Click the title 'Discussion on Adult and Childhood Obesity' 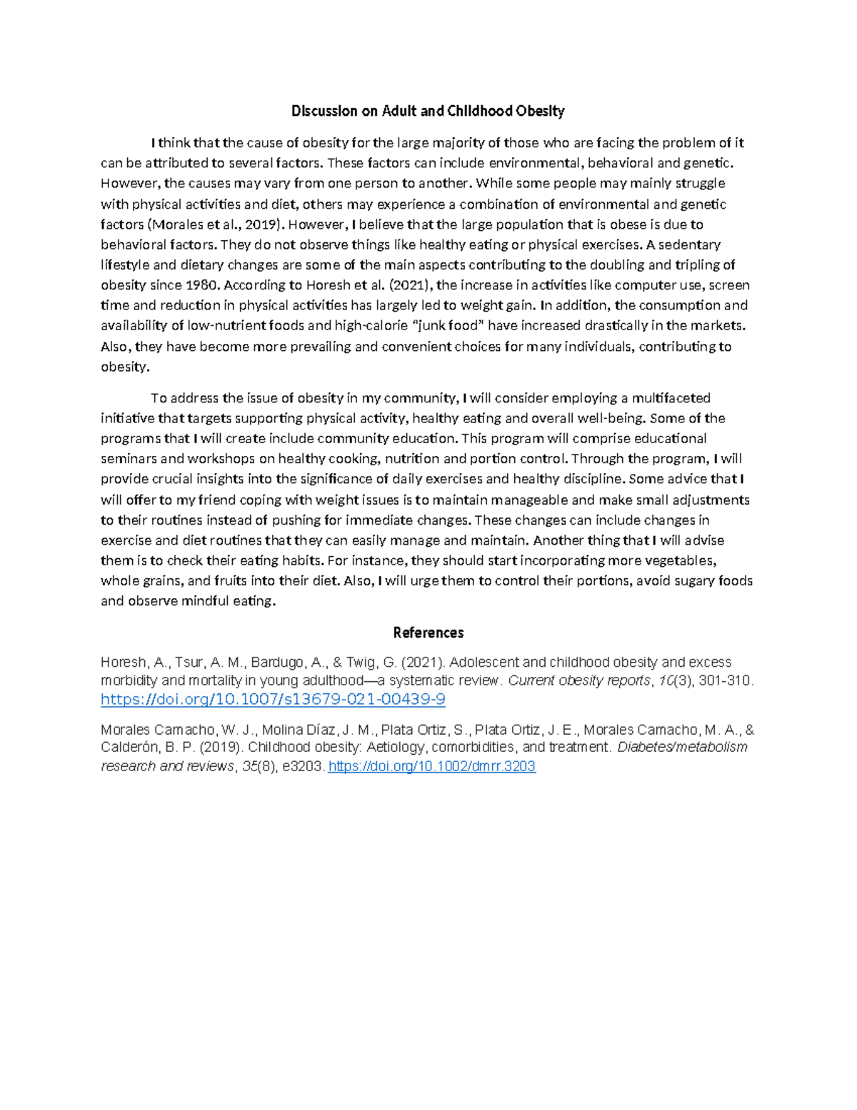(x=428, y=111)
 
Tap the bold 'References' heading (x=428, y=633)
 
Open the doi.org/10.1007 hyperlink (x=273, y=699)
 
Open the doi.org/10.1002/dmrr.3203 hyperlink (x=431, y=766)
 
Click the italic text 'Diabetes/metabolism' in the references (x=682, y=747)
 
